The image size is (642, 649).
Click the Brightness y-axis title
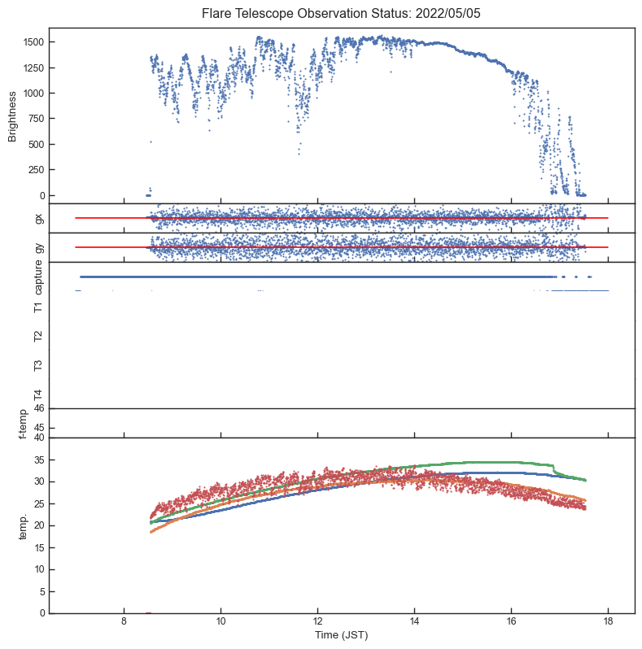13,116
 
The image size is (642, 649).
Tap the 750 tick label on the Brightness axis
37,119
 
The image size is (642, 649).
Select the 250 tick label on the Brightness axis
37,170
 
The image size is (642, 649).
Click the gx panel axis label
38,218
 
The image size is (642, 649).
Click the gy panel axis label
38,247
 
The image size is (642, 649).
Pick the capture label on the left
38,278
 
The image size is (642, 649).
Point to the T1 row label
38,307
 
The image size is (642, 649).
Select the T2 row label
38,336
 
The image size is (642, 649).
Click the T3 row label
38,365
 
